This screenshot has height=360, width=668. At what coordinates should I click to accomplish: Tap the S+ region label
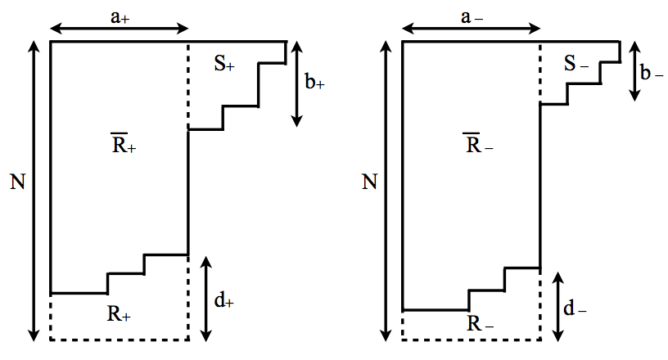pyautogui.click(x=224, y=65)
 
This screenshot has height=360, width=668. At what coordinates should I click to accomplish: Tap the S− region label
pyautogui.click(x=577, y=65)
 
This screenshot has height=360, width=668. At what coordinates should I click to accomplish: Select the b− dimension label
pyautogui.click(x=652, y=73)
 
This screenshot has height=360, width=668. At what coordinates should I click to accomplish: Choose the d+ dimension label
pyautogui.click(x=224, y=301)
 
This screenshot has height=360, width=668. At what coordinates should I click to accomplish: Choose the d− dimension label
pyautogui.click(x=576, y=310)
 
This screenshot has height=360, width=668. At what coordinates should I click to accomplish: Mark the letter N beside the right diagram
pyautogui.click(x=369, y=182)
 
